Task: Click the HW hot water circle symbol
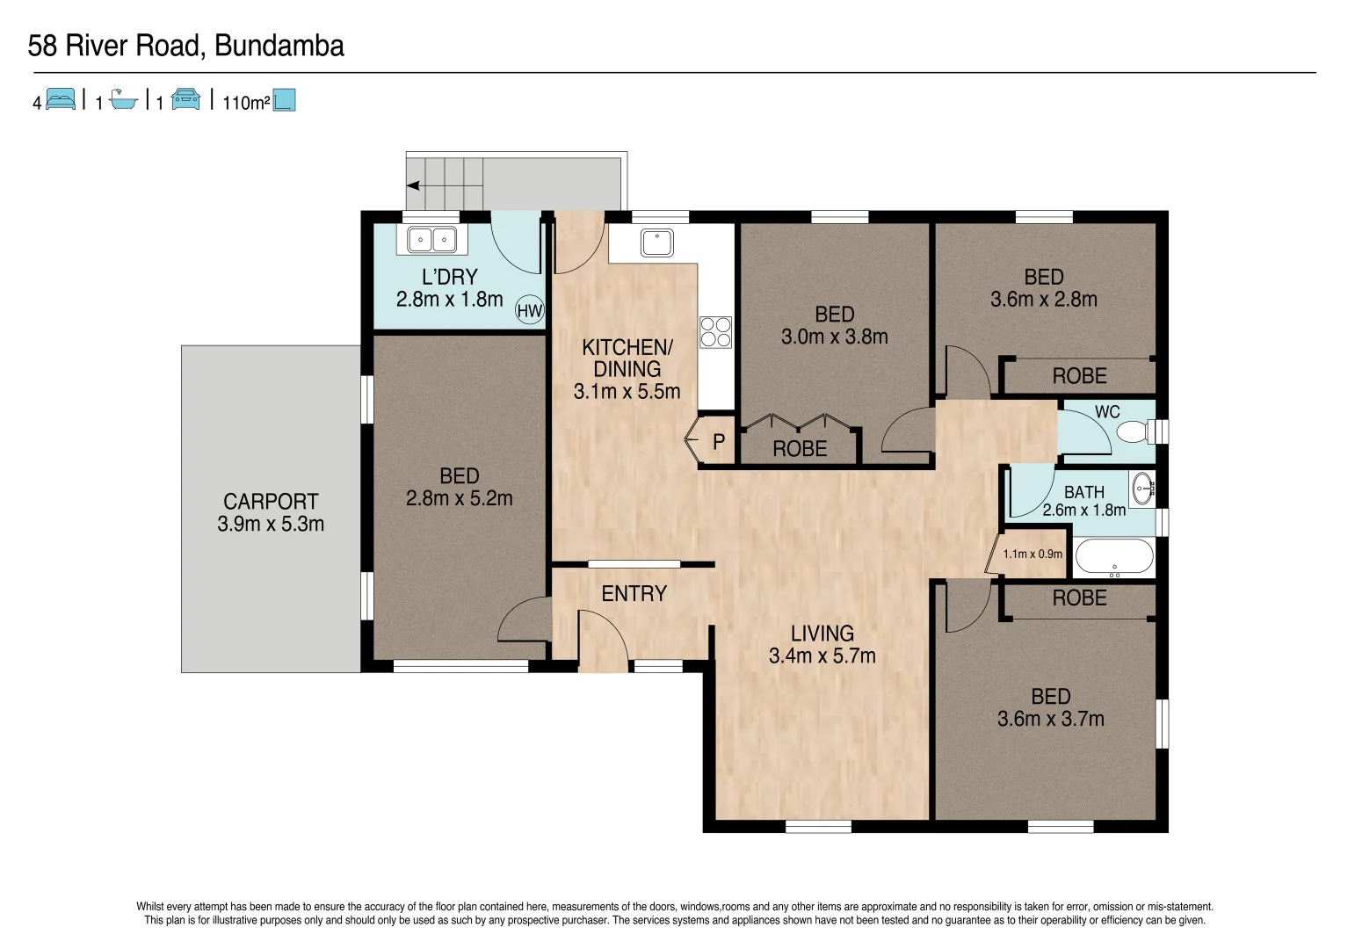[529, 310]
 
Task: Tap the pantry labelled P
[718, 441]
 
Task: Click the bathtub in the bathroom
[1114, 556]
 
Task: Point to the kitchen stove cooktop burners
[715, 332]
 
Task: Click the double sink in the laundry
[431, 239]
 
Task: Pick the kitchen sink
[656, 242]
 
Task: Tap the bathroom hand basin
[1141, 489]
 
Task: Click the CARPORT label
[271, 502]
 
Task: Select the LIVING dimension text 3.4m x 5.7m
[822, 656]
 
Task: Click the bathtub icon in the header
[124, 100]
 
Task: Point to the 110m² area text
[246, 103]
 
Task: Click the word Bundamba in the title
[279, 46]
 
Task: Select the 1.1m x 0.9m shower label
[1033, 554]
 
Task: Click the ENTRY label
[634, 594]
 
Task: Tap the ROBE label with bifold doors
[800, 449]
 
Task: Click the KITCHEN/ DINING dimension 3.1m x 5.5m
[627, 392]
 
